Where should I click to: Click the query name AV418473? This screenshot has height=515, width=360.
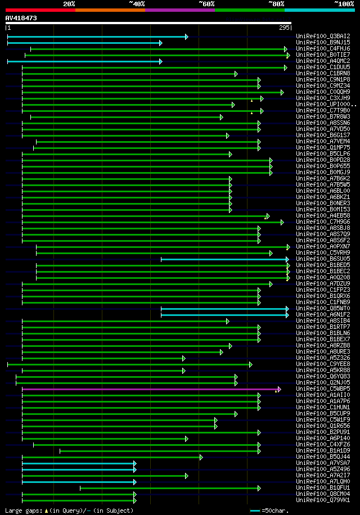pos(21,18)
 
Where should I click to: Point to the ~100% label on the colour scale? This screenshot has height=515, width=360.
pos(344,3)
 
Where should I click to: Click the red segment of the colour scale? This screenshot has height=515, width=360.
pos(40,10)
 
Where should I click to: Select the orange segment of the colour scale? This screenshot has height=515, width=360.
pos(110,10)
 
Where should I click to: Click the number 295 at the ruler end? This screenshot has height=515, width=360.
pos(284,27)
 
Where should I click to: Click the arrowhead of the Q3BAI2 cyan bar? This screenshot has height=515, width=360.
pos(186,37)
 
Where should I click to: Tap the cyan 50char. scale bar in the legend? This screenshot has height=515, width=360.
pos(255,511)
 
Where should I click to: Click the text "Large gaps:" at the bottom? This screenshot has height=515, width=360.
pos(22,511)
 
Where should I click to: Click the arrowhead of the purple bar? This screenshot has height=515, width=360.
pos(279,389)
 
